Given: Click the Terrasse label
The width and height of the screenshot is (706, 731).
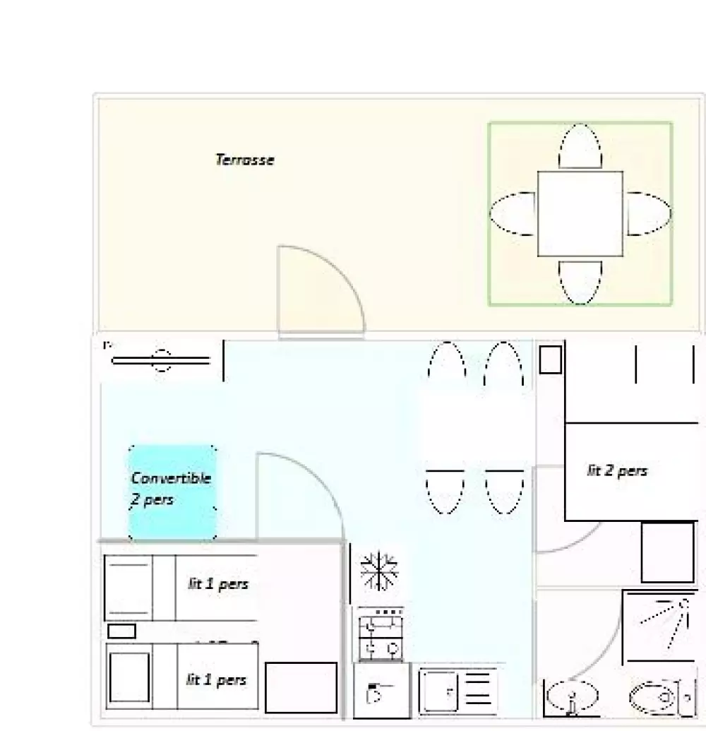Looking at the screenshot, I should [244, 160].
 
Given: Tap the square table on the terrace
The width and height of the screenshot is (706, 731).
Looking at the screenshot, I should [580, 213].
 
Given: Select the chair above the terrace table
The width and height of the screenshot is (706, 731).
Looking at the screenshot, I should [580, 147].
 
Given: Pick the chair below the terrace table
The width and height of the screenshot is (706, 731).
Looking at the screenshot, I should [580, 282].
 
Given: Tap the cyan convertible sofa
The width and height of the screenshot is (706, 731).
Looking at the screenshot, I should [172, 492].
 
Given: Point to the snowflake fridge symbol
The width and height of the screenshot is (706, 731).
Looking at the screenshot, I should [379, 571].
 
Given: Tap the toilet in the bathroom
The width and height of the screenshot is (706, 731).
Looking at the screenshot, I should [654, 699].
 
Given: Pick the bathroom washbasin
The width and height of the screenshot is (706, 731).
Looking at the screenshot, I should [571, 697].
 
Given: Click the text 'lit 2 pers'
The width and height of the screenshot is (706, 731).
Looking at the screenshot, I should [617, 470].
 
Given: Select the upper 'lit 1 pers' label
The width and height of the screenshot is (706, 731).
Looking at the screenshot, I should [217, 583].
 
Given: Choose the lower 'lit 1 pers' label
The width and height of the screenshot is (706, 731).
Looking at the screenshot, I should [216, 679].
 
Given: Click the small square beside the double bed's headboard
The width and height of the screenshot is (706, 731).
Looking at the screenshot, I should [550, 359].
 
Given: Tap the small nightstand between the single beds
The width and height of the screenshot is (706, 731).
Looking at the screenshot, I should [121, 631].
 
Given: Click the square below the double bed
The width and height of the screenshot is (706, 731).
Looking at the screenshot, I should [667, 552].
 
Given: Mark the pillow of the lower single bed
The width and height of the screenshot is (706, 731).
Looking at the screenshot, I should [129, 677].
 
